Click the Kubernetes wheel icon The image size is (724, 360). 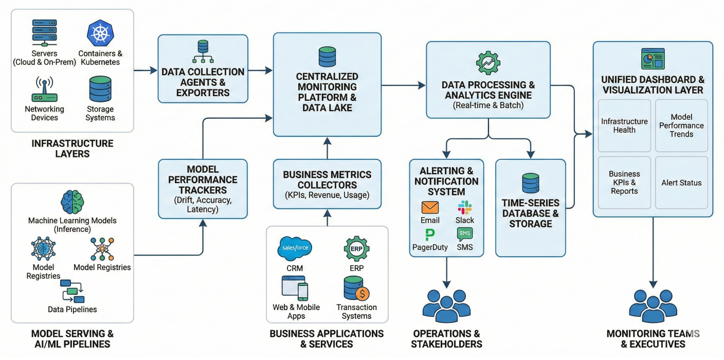point(100,32)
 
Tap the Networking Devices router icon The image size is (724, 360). point(44,90)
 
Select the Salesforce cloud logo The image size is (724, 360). point(294,249)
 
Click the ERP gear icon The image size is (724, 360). point(356,249)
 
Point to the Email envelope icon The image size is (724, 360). point(430,207)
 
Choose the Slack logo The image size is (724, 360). point(465,207)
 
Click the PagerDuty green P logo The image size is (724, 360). point(430,235)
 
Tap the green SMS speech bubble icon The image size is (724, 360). point(465,235)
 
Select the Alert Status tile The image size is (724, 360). point(681,183)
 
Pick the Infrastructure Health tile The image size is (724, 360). point(624,125)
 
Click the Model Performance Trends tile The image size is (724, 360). point(681,125)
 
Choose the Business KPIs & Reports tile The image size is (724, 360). point(624,183)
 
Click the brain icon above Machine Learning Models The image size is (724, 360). point(72,202)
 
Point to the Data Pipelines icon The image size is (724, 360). point(72,291)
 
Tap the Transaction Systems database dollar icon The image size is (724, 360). point(356,289)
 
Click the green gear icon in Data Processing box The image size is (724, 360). point(488,63)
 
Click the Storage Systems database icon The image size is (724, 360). point(100,89)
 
